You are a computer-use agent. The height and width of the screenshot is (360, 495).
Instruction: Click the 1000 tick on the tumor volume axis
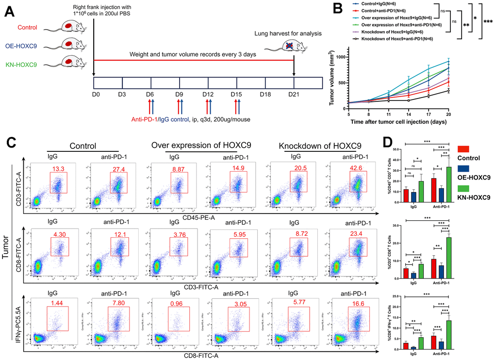click(342, 57)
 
